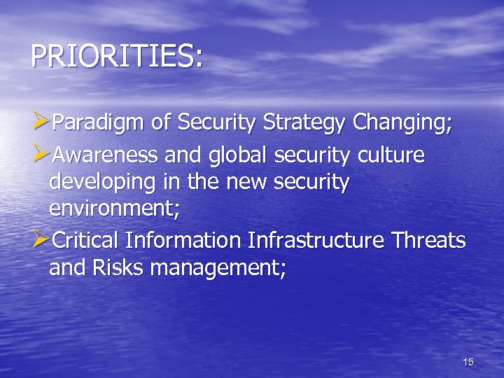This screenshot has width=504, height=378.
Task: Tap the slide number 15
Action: [468, 362]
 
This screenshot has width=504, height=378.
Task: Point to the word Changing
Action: [402, 125]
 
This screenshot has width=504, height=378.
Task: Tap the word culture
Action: [392, 154]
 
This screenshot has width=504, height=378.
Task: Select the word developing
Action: [99, 183]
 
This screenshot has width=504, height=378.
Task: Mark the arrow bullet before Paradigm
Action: [40, 125]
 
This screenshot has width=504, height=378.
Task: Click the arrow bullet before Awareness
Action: [40, 154]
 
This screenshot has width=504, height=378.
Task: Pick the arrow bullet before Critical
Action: [40, 239]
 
